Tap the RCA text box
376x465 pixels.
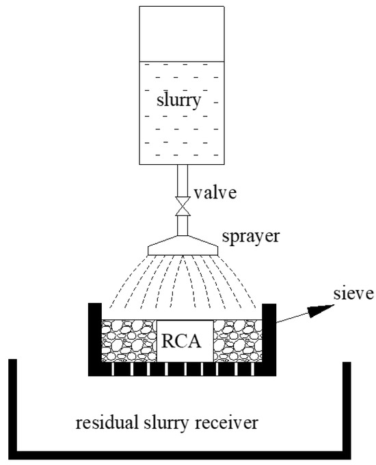point(181,340)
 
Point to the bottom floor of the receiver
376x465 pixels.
point(181,454)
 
